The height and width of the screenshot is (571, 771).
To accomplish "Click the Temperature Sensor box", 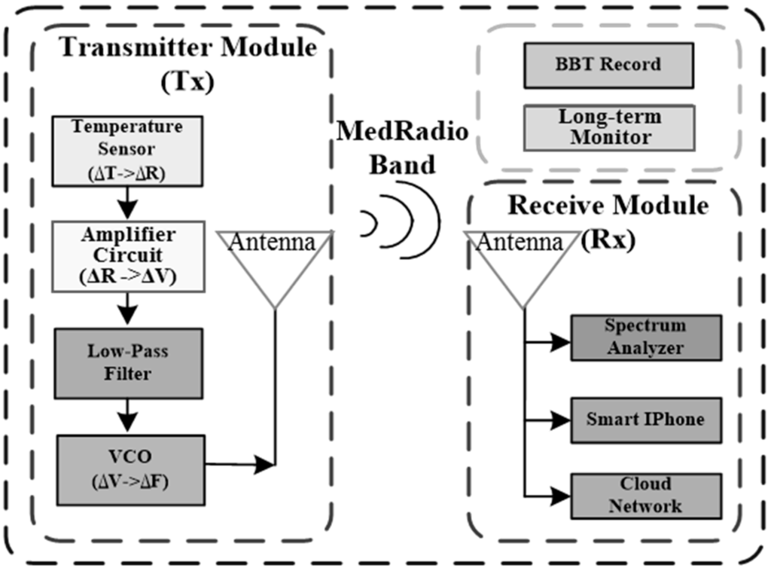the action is [127, 151].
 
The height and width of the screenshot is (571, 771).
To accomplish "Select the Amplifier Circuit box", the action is [128, 256].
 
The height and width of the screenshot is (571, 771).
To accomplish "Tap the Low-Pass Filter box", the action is [128, 363].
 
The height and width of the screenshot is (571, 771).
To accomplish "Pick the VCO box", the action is [131, 470].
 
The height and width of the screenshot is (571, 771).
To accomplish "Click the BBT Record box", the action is [608, 66].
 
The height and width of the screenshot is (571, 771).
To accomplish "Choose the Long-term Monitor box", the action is [609, 127].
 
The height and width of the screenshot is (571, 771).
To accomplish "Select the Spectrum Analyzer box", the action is [646, 338].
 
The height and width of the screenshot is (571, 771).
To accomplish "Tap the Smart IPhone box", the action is [646, 420].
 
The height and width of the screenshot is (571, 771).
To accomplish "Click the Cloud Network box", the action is [646, 496].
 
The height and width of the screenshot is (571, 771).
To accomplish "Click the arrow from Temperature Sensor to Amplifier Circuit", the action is [128, 203].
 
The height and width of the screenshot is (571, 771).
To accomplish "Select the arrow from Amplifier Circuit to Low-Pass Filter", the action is [128, 309].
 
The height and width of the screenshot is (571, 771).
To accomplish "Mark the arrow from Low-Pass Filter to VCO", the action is [128, 416].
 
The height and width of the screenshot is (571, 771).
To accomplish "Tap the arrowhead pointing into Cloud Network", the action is [560, 496].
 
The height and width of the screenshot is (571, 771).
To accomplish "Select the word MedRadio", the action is [402, 132].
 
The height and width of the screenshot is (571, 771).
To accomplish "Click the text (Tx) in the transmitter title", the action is [187, 81].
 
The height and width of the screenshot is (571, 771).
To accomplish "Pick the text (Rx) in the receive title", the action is [608, 240].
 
